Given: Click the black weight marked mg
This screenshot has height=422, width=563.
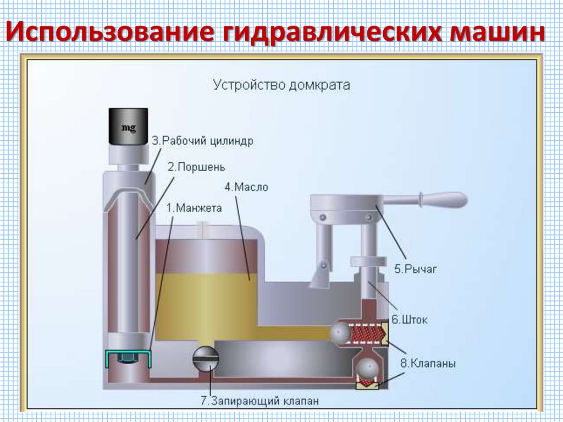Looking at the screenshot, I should pos(128,126).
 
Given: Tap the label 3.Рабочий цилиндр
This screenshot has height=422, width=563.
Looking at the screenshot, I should pos(203,141).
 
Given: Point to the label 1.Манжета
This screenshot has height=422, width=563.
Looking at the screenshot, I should pos(194,208).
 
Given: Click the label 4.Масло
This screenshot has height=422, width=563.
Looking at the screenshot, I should pos(246,187).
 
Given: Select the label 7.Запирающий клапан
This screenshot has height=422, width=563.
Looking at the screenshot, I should pos(260,401).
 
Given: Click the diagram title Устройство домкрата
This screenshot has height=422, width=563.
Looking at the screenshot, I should pos(281,85).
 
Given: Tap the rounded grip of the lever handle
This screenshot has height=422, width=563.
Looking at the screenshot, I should pos(443,199).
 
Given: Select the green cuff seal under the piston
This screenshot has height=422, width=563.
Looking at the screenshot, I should pos(128,358).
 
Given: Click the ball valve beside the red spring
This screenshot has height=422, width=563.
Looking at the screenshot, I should pos(340,332).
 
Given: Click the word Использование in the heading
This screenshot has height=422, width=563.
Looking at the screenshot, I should pos(110,32).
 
